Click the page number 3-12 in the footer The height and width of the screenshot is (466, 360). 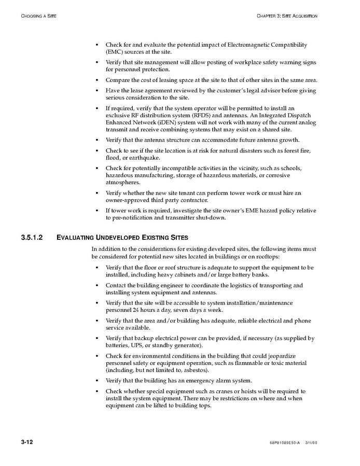click(x=27, y=442)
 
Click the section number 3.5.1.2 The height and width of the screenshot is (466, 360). click(x=32, y=238)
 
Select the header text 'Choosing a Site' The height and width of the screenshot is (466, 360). click(x=39, y=16)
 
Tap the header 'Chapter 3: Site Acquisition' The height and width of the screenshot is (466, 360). click(x=287, y=16)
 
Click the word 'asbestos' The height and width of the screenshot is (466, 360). click(x=196, y=371)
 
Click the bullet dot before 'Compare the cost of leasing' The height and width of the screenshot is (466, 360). click(x=97, y=80)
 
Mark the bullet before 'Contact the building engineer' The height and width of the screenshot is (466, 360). click(x=97, y=285)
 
